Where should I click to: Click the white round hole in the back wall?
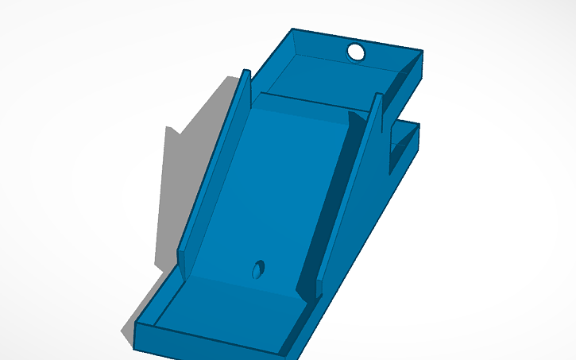[356, 52]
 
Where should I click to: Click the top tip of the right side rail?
[377, 96]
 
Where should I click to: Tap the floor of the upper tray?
[334, 79]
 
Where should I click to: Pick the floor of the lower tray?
[222, 314]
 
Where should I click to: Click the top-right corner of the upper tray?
[422, 52]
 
